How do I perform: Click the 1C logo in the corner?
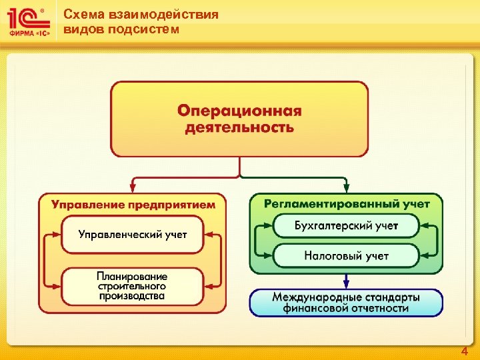[x=28, y=21]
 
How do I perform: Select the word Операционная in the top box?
[x=239, y=110]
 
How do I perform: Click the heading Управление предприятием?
[x=133, y=205]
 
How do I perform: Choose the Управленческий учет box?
[x=133, y=235]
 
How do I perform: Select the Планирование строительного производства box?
[x=132, y=286]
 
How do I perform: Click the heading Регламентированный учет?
[x=347, y=204]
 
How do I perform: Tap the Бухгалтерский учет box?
[x=346, y=226]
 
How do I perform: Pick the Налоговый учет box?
[x=346, y=255]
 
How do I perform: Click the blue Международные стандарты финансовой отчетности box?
[x=346, y=302]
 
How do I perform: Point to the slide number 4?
[x=465, y=351]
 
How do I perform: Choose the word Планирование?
[x=132, y=276]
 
